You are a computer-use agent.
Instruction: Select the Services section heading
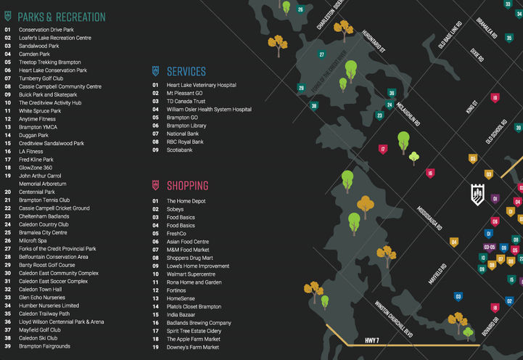(186, 71)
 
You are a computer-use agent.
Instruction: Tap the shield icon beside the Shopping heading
(155, 185)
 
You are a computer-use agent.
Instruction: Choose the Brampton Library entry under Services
(186, 126)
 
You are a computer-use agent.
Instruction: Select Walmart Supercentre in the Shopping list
(191, 274)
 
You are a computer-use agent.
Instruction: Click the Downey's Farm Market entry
(193, 347)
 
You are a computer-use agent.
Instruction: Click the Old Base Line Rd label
(450, 35)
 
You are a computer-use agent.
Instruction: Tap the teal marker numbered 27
(321, 54)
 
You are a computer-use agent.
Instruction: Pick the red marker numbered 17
(382, 150)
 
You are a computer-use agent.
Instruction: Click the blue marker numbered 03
(458, 296)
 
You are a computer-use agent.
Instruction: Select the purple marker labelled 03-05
(490, 247)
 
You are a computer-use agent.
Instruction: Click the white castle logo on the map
(477, 194)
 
